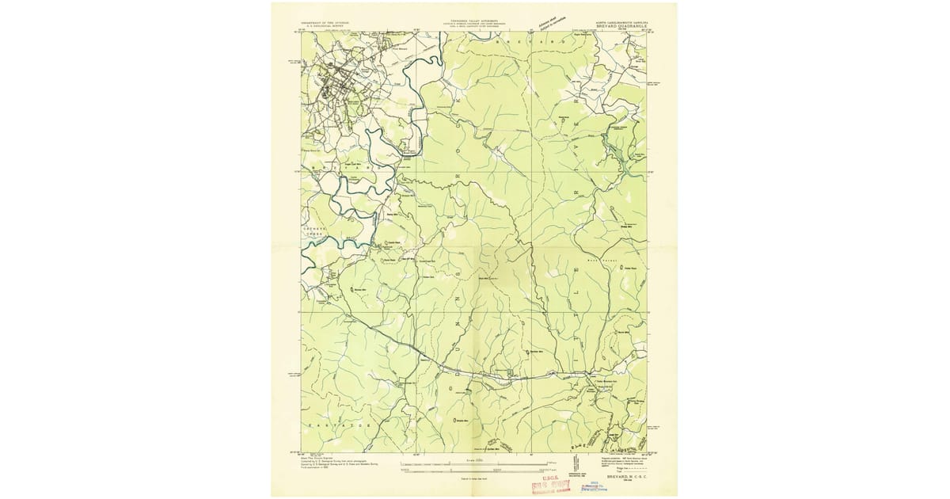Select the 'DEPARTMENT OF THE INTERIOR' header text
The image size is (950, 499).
pyautogui.click(x=326, y=24)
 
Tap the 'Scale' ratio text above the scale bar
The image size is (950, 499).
pyautogui.click(x=473, y=459)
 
